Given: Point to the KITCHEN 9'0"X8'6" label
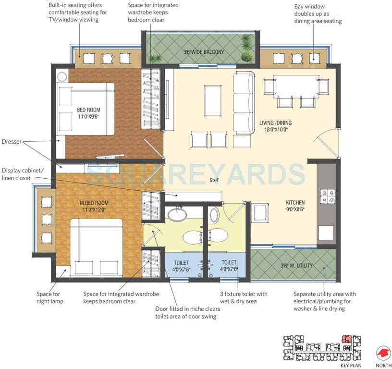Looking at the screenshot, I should click(x=295, y=206).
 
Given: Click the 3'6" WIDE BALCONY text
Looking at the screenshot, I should click(x=204, y=51).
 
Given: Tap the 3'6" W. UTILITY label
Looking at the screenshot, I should click(x=297, y=265).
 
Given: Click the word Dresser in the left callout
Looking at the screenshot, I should click(x=12, y=142).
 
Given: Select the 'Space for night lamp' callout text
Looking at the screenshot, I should click(x=50, y=297).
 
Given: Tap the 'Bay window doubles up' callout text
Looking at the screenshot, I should click(x=318, y=14).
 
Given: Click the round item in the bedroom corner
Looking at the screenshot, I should click(x=62, y=75).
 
